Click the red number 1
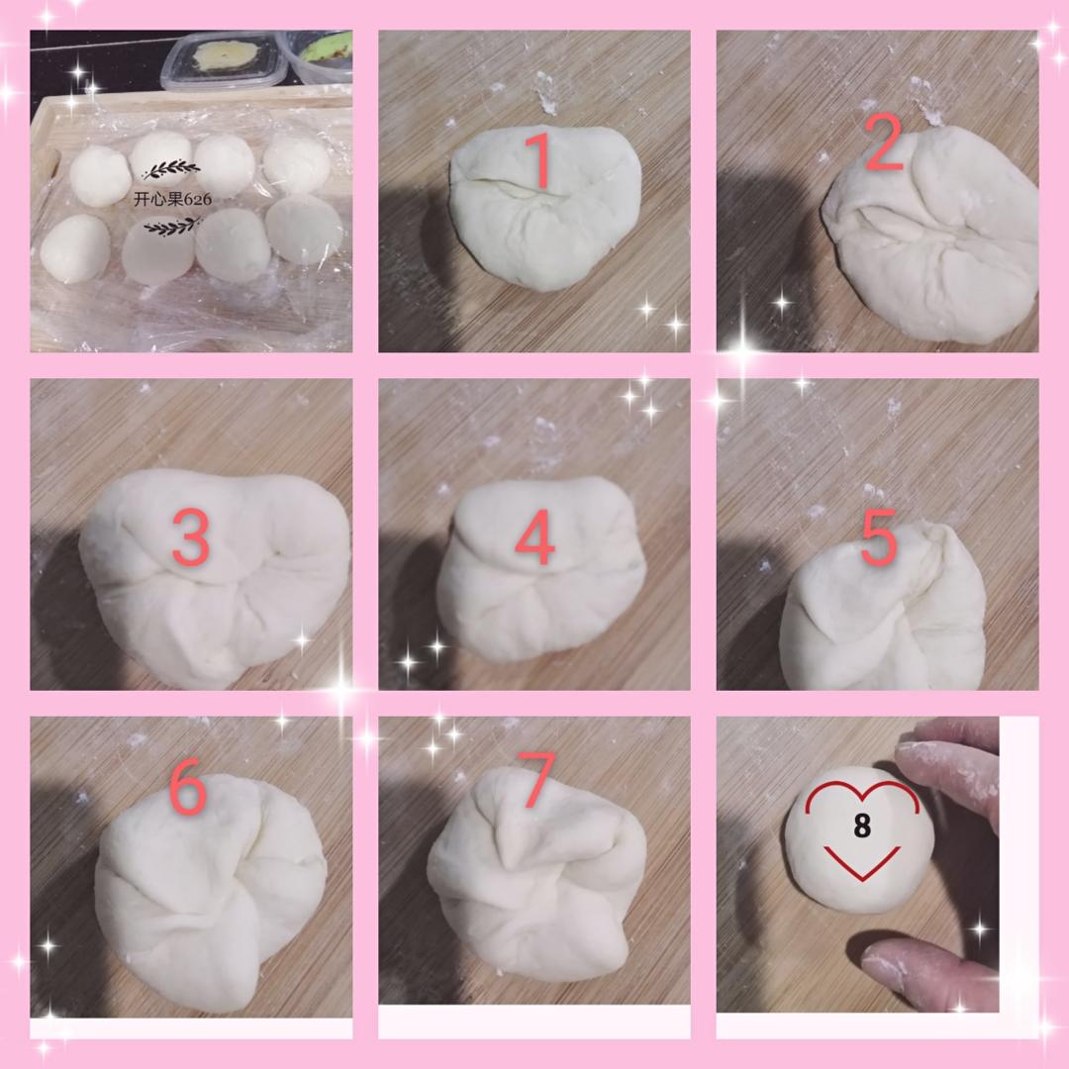click(x=540, y=161)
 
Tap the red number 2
click(x=884, y=144)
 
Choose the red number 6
click(x=187, y=787)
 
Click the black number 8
click(x=862, y=826)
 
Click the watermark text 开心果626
click(x=172, y=199)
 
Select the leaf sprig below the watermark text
click(x=172, y=227)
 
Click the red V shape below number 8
click(x=862, y=863)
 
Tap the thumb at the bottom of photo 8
click(x=927, y=973)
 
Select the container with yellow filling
click(x=225, y=60)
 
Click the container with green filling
click(x=319, y=55)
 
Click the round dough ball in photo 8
click(x=858, y=838)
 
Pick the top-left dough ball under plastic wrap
click(x=100, y=176)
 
